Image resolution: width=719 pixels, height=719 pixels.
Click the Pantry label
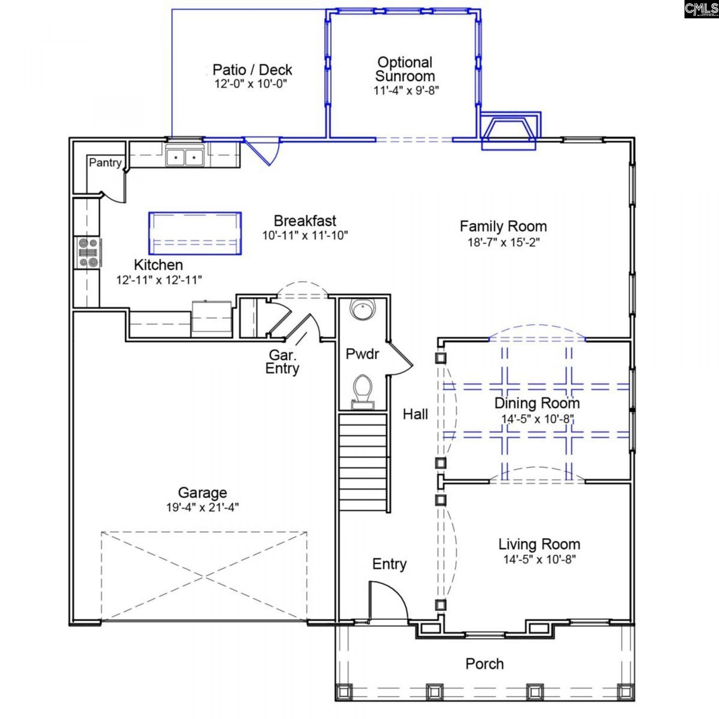click(x=105, y=163)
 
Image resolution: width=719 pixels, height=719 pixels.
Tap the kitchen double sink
click(x=184, y=157)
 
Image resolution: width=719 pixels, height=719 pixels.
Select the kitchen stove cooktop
click(x=88, y=253)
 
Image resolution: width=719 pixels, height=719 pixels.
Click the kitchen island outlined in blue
click(x=195, y=233)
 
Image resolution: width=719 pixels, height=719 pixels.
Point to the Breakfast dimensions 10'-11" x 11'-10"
click(x=305, y=236)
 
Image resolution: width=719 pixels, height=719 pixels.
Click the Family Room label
click(x=503, y=227)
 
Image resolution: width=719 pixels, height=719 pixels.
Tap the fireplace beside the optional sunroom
click(x=509, y=131)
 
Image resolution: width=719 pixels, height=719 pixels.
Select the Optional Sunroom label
click(x=405, y=69)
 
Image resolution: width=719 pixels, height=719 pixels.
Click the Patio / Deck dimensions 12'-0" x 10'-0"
click(x=251, y=84)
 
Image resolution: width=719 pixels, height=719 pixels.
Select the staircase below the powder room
click(x=362, y=462)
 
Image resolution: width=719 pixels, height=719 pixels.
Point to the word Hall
click(x=415, y=414)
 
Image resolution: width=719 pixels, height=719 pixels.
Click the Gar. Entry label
click(x=282, y=361)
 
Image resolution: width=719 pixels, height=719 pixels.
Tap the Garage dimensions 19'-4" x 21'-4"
click(x=203, y=507)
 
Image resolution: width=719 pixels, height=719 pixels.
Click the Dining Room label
click(x=537, y=403)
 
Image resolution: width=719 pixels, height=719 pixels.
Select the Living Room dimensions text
click(x=539, y=559)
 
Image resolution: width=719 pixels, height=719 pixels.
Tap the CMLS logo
click(x=701, y=9)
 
